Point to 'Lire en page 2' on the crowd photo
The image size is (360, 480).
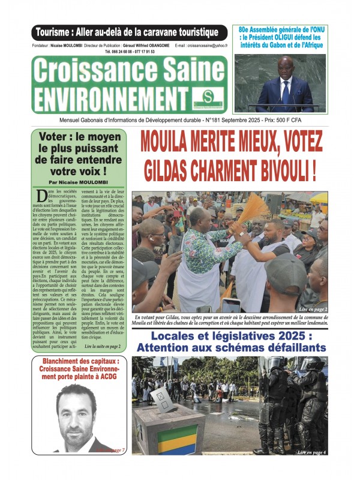tap(311, 308)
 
